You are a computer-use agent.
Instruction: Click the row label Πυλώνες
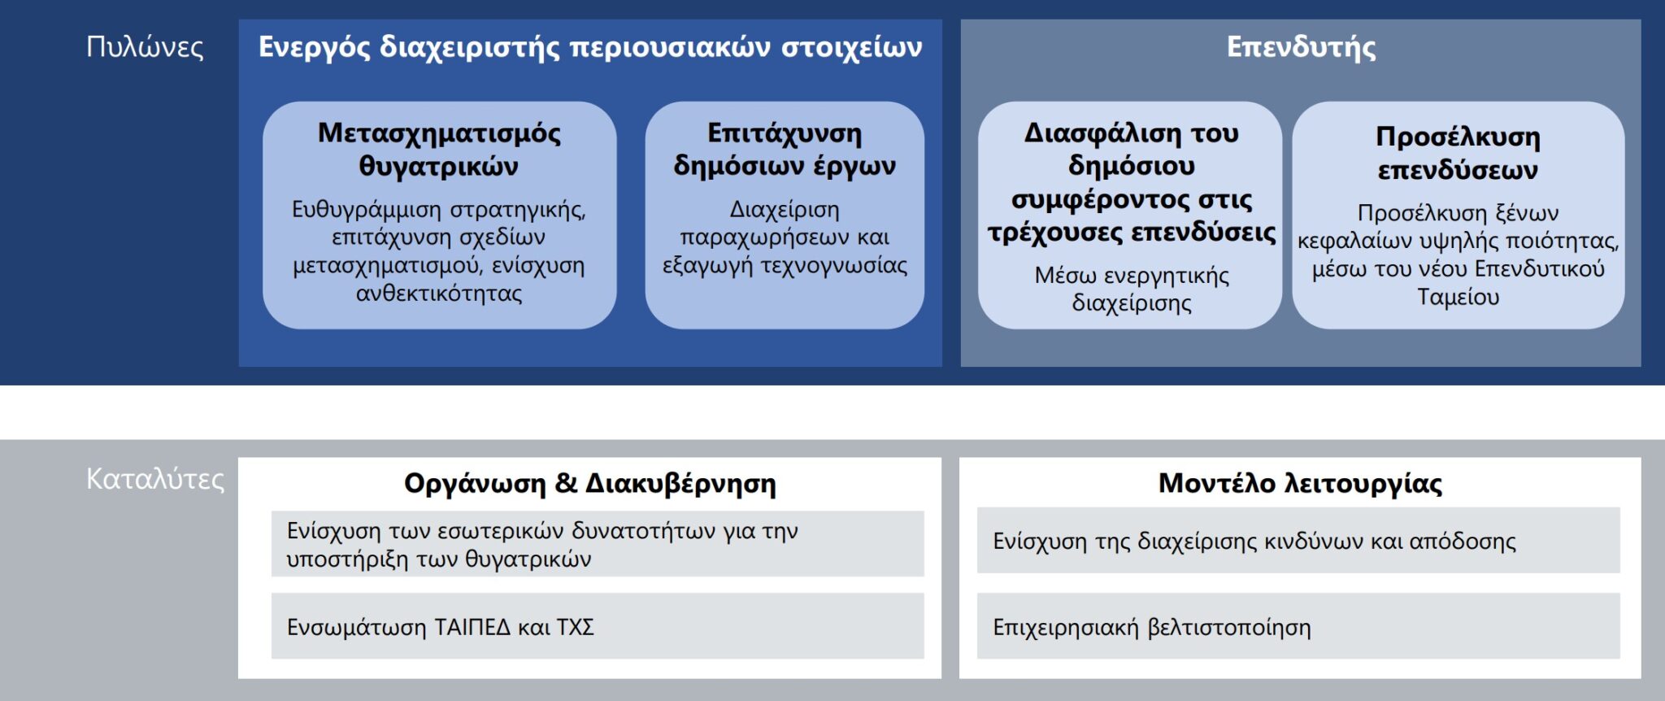click(145, 47)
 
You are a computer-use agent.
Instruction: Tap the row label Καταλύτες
click(154, 479)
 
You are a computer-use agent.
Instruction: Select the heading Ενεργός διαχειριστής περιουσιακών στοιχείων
click(590, 47)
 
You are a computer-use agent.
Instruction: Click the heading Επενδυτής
click(1301, 47)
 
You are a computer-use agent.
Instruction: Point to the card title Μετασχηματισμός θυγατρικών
click(439, 149)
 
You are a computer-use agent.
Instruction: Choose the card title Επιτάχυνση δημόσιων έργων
click(785, 149)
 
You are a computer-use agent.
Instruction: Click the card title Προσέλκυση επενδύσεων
click(1458, 153)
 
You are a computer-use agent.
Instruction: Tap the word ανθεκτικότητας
click(439, 293)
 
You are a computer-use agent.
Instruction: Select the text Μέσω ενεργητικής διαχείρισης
click(1132, 289)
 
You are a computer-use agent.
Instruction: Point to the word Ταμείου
click(1458, 297)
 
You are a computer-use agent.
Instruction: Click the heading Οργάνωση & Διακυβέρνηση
click(590, 483)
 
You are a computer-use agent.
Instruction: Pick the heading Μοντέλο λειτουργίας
click(1300, 483)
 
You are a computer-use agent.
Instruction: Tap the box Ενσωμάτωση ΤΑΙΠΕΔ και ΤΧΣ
click(598, 626)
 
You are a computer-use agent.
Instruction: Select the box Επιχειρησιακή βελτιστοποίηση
click(1298, 626)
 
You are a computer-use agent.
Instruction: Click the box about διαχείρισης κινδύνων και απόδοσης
click(1298, 541)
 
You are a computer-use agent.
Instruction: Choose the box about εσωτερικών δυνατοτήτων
click(598, 544)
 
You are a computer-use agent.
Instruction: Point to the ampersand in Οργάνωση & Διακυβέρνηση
click(566, 483)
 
